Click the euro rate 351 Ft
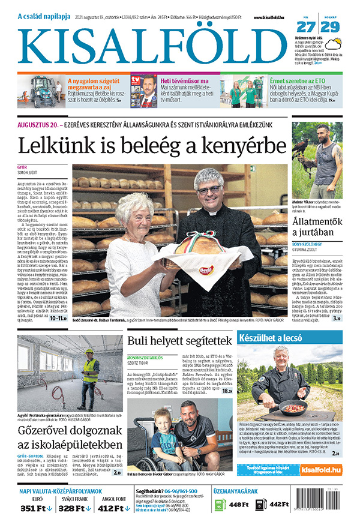point(34,509)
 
